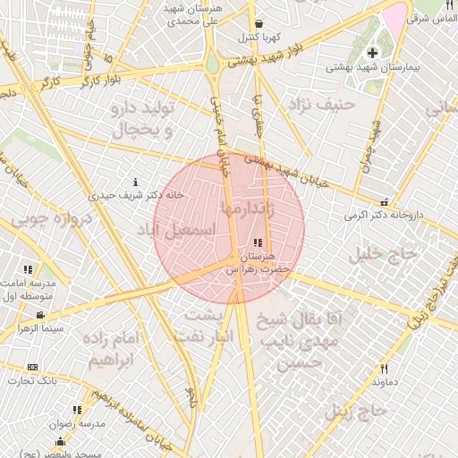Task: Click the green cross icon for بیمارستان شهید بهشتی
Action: pyautogui.click(x=372, y=53)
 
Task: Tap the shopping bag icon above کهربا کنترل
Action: pyautogui.click(x=259, y=24)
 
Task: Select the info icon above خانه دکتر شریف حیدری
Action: pyautogui.click(x=135, y=182)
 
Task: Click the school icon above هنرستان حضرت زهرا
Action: pyautogui.click(x=259, y=242)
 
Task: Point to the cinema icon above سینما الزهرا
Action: pyautogui.click(x=40, y=315)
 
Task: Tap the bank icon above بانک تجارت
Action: pyautogui.click(x=33, y=367)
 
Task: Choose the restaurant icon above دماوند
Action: pyautogui.click(x=385, y=369)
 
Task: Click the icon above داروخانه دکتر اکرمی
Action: pyautogui.click(x=385, y=202)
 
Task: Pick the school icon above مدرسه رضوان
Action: pyautogui.click(x=77, y=410)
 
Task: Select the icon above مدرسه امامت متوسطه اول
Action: pyautogui.click(x=29, y=268)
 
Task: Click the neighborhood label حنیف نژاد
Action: pyautogui.click(x=322, y=106)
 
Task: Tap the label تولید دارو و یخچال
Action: pyautogui.click(x=146, y=119)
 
